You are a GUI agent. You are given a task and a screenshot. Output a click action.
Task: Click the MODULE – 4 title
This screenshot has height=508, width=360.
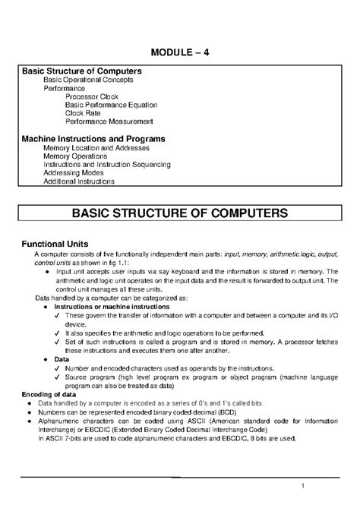[179, 52]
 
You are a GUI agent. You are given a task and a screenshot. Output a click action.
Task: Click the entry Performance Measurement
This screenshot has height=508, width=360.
[109, 121]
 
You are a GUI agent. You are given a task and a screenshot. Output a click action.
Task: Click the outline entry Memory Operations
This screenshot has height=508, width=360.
[80, 156]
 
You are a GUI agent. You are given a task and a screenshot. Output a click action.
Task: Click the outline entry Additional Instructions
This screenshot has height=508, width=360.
[79, 181]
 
